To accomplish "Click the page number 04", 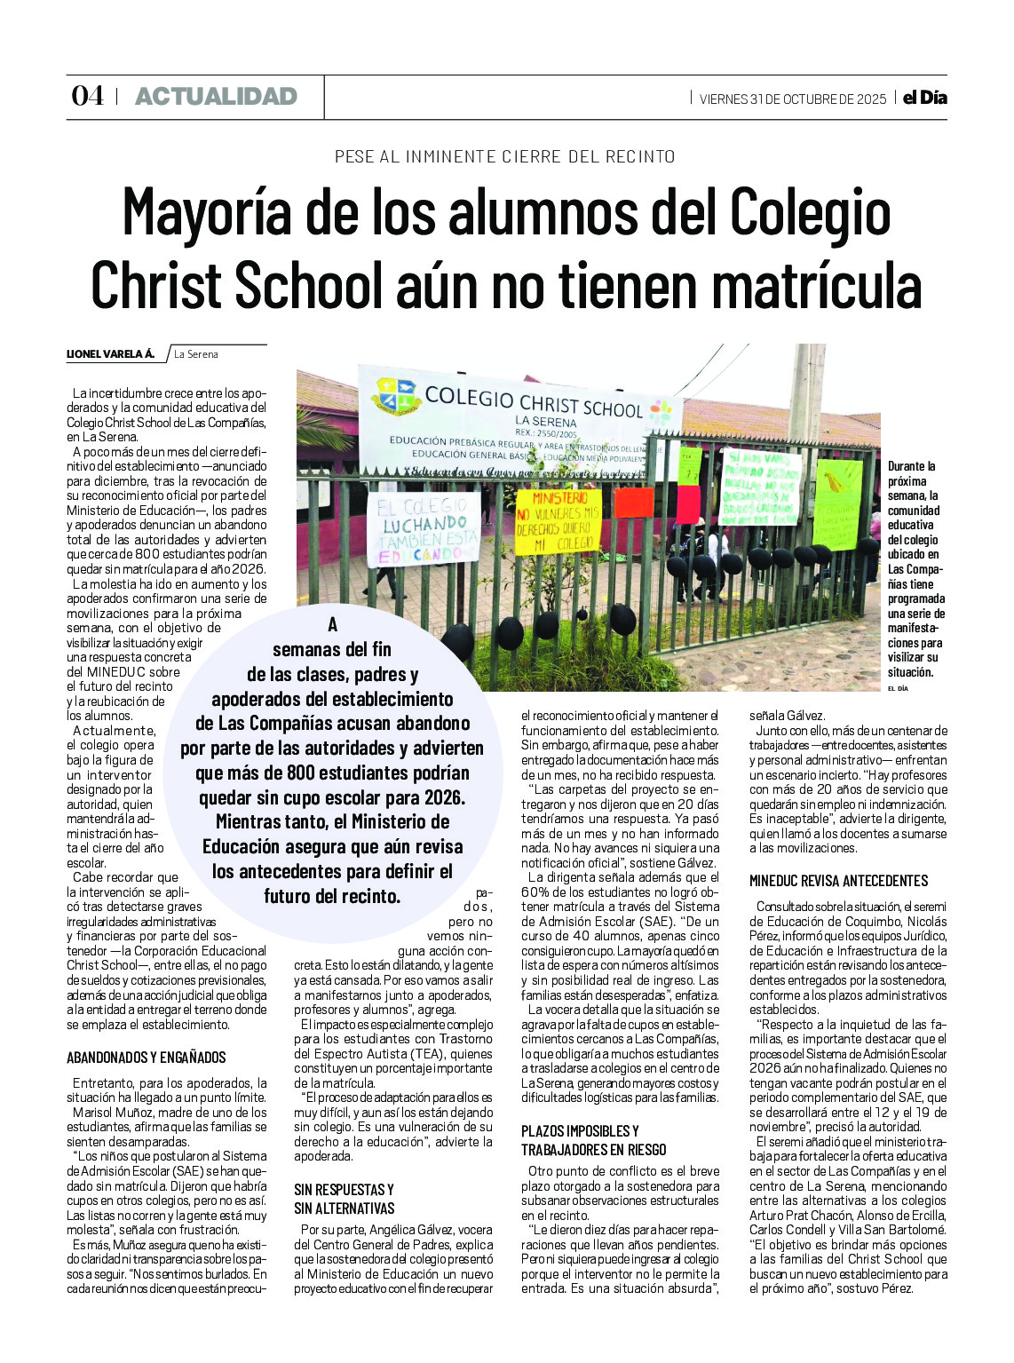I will pos(87,96).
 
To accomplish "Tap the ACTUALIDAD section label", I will pos(216,97).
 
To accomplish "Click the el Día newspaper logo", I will pos(924,98).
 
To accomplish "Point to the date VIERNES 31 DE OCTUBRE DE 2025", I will pos(792,99).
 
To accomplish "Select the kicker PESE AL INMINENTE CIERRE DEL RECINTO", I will pos(505,157).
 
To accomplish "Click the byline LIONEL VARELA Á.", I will pos(110,354).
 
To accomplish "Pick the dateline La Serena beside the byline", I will pos(196,354).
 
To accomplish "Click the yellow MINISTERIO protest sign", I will pos(559,522).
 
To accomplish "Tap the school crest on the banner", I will pos(396,396).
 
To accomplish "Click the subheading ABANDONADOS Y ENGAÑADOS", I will pos(147,1058).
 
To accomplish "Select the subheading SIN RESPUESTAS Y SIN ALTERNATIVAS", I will pos(345,1199).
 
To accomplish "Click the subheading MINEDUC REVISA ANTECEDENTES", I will pos(838,881).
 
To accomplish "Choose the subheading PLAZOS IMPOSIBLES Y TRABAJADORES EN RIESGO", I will pos(593,1140).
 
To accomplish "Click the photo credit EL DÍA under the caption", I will pos(898,688).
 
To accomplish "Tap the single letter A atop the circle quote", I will pos(333,624).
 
